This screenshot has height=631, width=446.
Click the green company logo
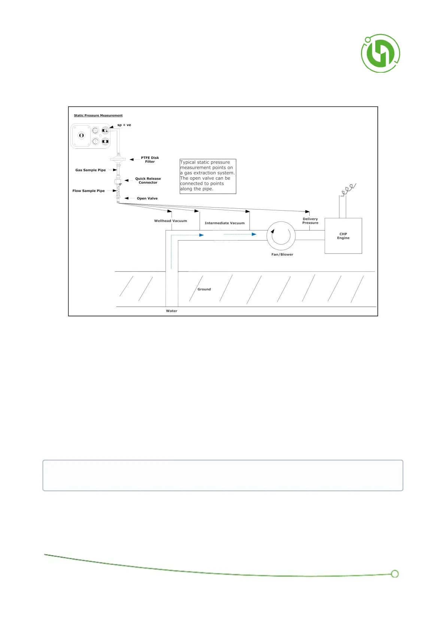pyautogui.click(x=380, y=53)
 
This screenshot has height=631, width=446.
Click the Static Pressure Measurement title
pyautogui.click(x=98, y=115)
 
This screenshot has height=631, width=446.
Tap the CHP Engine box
pyautogui.click(x=343, y=236)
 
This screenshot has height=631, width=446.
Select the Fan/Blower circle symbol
pyautogui.click(x=281, y=236)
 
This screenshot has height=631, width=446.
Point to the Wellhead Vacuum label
pyautogui.click(x=170, y=221)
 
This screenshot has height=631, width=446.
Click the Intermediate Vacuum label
pyautogui.click(x=224, y=223)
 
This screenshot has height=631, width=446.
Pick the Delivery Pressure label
pyautogui.click(x=310, y=221)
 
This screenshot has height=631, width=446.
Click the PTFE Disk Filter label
pyautogui.click(x=150, y=160)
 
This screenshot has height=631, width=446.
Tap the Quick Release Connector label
pyautogui.click(x=148, y=181)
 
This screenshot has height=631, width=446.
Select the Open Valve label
pyautogui.click(x=147, y=199)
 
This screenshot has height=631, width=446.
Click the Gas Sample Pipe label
pyautogui.click(x=91, y=170)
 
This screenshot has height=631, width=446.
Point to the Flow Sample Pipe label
pyautogui.click(x=88, y=191)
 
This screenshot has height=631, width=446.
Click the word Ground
pyautogui.click(x=204, y=289)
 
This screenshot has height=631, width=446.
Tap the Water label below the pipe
pyautogui.click(x=172, y=311)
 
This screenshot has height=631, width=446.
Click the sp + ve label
pyautogui.click(x=124, y=125)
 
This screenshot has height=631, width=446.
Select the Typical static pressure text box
pyautogui.click(x=208, y=176)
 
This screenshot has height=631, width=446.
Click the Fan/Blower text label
pyautogui.click(x=282, y=255)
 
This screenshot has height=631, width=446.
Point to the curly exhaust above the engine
pyautogui.click(x=348, y=189)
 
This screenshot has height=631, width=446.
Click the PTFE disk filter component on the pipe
pyautogui.click(x=118, y=160)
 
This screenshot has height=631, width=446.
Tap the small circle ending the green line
pyautogui.click(x=394, y=574)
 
